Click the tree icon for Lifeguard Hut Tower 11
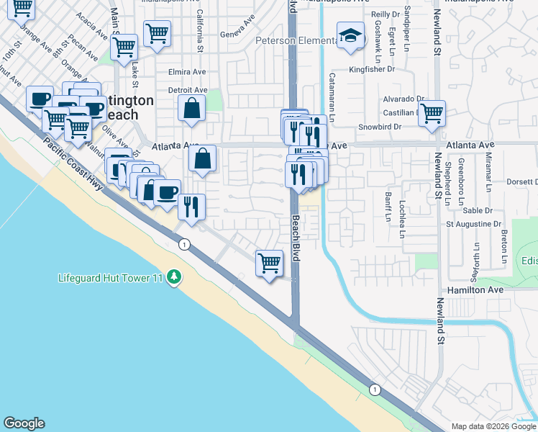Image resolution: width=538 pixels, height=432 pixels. pyautogui.click(x=173, y=277)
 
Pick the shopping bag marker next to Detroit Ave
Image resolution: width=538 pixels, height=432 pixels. pyautogui.click(x=192, y=109)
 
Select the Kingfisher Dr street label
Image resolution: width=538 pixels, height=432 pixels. pyautogui.click(x=372, y=69)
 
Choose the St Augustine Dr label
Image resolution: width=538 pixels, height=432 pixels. pyautogui.click(x=473, y=224)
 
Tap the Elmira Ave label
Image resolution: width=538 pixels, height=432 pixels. pyautogui.click(x=187, y=72)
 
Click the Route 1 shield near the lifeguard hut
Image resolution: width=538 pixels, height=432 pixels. pyautogui.click(x=186, y=243)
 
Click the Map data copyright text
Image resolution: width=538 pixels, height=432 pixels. pyautogui.click(x=493, y=426)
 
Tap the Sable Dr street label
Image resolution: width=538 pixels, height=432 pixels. pyautogui.click(x=477, y=211)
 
